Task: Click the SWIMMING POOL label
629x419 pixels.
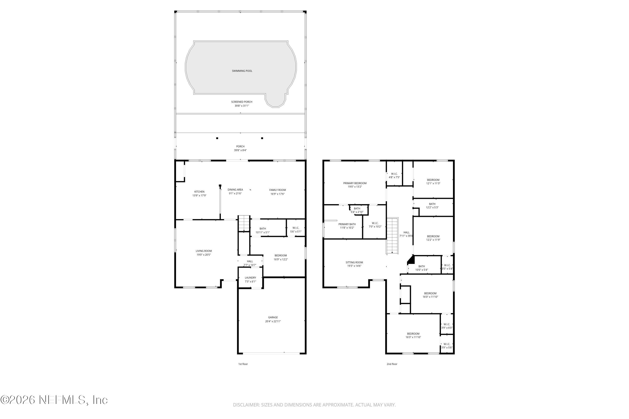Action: click(x=242, y=71)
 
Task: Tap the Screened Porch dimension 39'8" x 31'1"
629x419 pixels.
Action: click(x=242, y=106)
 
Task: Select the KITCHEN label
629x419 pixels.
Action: click(x=199, y=192)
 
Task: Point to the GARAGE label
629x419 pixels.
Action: click(x=273, y=317)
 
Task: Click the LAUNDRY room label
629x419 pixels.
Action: click(x=250, y=278)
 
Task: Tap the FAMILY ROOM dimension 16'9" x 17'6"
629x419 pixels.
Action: click(x=277, y=194)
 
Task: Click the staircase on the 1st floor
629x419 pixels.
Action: click(x=244, y=223)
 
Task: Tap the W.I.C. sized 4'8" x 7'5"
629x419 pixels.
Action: click(x=394, y=176)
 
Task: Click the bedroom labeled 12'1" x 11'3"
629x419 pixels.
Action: click(x=433, y=182)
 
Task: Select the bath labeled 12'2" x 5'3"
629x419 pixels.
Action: click(x=432, y=206)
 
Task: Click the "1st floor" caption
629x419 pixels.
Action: click(x=243, y=364)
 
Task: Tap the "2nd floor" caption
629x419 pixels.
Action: click(x=392, y=364)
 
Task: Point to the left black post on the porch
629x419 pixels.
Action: click(x=217, y=138)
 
